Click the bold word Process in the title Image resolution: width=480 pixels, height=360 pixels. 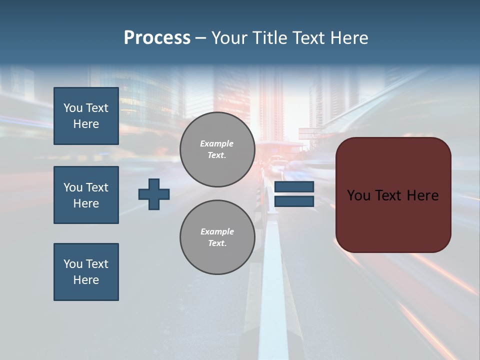(157, 38)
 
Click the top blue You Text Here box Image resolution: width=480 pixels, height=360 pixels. (86, 116)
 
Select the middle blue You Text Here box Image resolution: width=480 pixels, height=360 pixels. (86, 195)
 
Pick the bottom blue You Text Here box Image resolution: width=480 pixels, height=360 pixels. (86, 272)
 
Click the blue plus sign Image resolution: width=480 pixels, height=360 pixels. (154, 194)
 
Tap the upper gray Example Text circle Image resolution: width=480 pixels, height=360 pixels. (217, 149)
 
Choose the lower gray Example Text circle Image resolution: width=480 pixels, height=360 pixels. (217, 237)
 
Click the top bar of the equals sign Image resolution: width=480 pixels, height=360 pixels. (294, 187)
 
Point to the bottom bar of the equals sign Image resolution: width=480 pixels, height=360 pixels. (294, 201)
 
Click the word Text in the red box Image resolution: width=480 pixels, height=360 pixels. (389, 195)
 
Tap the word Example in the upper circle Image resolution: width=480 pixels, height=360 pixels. (216, 143)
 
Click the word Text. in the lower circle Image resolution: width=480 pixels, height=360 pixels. (217, 243)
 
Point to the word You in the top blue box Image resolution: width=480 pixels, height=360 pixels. (72, 108)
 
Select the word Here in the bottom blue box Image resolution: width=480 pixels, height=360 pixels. (86, 280)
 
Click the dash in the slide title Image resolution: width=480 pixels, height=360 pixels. (200, 38)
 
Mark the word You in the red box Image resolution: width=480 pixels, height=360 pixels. (358, 195)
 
